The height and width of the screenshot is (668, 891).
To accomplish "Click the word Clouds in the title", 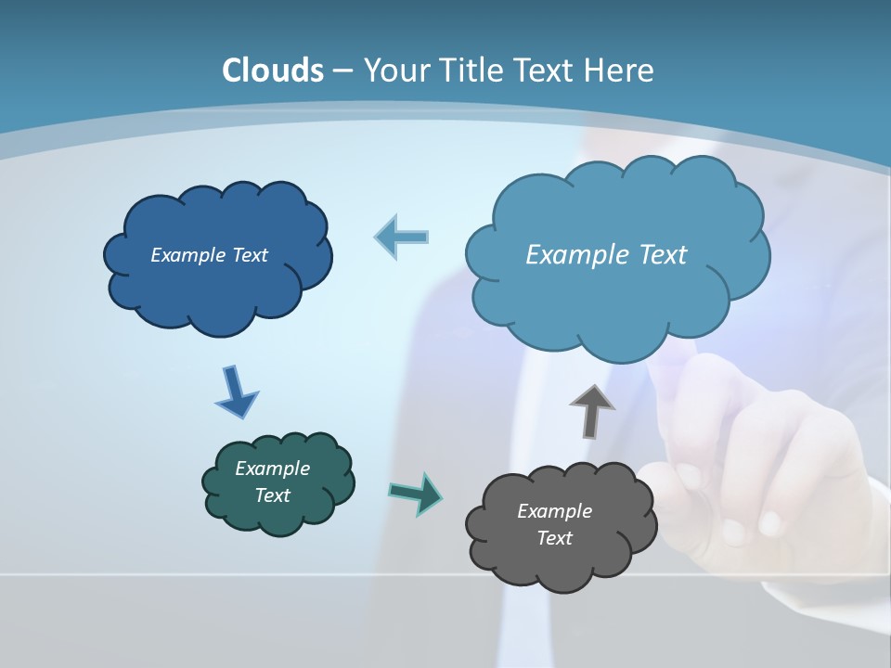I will (273, 71).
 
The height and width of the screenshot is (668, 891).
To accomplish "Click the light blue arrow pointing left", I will (402, 237).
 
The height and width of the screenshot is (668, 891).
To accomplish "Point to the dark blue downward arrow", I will (236, 392).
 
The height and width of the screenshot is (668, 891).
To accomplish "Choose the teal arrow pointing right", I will (416, 494).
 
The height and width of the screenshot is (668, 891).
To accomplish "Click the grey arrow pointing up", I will (592, 411).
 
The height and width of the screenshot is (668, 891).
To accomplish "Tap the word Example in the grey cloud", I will (554, 511).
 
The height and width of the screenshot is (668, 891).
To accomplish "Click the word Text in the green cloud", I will (273, 495).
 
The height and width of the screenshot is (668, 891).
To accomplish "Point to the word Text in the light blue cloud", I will (657, 255).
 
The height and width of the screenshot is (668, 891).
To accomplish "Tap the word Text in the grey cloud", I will (554, 538).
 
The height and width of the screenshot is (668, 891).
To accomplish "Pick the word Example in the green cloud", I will (273, 469).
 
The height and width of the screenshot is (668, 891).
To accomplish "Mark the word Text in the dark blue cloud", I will (250, 255).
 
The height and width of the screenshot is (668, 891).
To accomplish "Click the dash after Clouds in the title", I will (342, 71).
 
